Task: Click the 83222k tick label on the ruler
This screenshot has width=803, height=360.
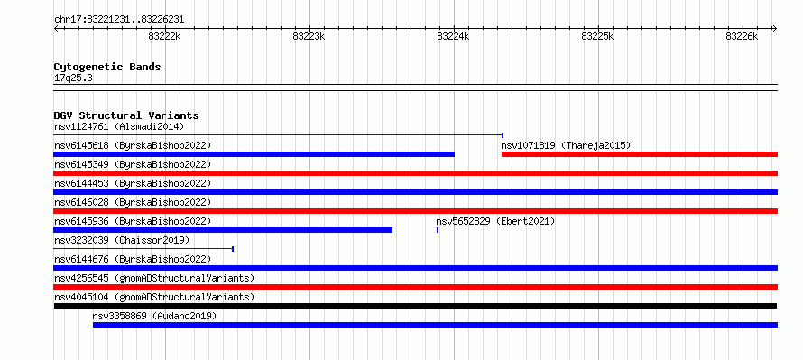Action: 164,36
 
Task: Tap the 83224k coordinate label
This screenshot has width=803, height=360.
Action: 453,36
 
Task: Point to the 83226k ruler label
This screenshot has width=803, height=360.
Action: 742,36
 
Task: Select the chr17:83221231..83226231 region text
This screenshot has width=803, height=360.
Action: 119,20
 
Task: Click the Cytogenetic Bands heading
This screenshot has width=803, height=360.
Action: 107,67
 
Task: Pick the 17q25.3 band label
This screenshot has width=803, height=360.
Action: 73,78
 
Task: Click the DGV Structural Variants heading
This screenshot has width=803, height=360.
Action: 126,115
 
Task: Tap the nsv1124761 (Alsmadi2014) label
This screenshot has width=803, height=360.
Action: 119,126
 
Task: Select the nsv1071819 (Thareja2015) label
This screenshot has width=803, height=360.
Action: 566,145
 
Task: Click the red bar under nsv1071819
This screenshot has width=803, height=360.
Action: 640,154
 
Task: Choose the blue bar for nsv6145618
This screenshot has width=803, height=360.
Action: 254,154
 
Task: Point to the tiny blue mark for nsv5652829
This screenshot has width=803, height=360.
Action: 438,230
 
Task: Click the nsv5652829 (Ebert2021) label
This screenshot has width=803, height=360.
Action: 495,221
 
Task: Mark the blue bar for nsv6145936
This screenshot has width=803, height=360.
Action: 223,230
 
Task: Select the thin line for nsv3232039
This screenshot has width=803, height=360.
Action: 143,249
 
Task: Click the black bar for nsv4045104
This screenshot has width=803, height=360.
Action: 415,306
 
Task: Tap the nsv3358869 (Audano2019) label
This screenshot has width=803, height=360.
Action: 154,316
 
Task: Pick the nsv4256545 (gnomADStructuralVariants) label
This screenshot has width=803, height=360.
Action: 154,278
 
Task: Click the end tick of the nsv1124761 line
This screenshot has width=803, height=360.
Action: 503,135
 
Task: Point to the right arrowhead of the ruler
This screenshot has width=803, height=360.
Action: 775,29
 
